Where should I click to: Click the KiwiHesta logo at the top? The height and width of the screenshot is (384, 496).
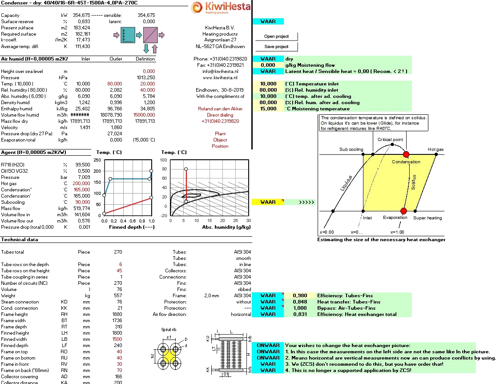221,7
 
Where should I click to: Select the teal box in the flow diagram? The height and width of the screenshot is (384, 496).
128,35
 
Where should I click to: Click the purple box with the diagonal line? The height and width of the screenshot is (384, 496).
150,35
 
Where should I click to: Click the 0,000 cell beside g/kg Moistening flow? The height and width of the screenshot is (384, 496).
268,65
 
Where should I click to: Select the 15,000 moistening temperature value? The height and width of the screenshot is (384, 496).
268,109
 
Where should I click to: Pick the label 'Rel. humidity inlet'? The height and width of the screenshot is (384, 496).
311,90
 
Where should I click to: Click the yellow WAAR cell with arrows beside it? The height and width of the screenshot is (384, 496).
268,202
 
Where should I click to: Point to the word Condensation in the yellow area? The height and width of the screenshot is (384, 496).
406,162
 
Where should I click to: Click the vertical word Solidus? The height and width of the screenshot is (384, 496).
413,182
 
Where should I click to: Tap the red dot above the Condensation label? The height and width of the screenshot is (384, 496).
406,154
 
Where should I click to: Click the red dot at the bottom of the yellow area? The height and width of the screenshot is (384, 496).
403,210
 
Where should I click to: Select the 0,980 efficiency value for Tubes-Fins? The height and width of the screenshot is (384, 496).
300,295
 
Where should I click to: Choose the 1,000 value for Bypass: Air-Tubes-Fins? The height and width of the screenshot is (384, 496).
300,308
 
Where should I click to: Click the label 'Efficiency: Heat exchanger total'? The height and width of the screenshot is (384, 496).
357,314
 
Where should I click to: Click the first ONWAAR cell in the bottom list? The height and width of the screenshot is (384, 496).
268,345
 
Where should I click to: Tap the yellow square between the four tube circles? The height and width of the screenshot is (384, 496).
169,356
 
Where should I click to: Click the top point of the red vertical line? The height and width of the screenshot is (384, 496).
186,169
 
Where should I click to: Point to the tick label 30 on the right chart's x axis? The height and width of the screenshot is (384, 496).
248,220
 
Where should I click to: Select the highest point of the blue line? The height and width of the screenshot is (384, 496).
151,171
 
